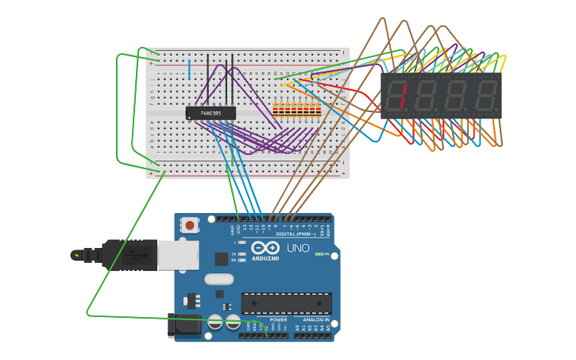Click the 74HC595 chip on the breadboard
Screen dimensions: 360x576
click(x=211, y=114)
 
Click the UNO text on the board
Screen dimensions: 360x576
click(x=298, y=248)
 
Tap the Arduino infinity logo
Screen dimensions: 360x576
click(x=265, y=248)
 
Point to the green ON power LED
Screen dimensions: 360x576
click(x=319, y=254)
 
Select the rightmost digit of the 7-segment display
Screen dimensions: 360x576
click(x=486, y=95)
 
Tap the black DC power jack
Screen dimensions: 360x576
click(x=184, y=325)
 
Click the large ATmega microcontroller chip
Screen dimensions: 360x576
click(x=286, y=303)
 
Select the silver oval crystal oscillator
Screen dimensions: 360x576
click(x=219, y=279)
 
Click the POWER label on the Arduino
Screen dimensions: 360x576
click(x=278, y=319)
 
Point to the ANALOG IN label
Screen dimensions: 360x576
click(x=315, y=319)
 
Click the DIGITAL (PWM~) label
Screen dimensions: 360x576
click(x=295, y=234)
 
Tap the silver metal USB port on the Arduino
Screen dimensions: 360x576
click(x=178, y=255)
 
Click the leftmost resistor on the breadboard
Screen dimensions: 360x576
click(x=276, y=110)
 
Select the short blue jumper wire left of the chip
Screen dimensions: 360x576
click(x=189, y=69)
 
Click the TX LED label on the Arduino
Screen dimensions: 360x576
click(x=234, y=254)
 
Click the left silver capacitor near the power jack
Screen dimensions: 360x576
click(x=215, y=322)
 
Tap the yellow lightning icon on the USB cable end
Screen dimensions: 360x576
click(x=76, y=255)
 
